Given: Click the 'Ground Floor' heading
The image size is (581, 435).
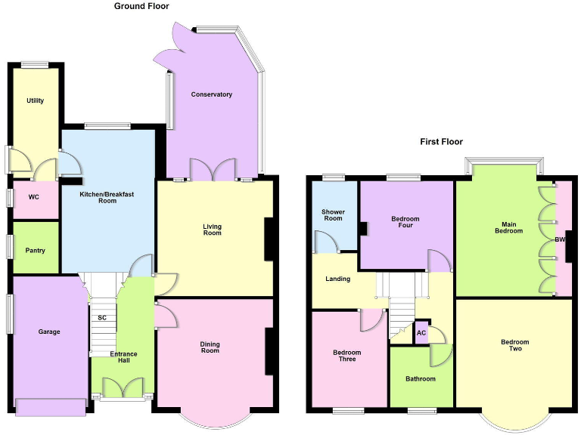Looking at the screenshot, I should (x=141, y=6).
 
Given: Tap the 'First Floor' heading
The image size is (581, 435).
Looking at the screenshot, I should (x=441, y=141).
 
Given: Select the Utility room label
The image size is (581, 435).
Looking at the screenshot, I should (x=35, y=100).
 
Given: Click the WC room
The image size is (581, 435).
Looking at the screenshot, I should (x=33, y=197).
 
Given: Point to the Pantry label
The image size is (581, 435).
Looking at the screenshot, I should (x=36, y=251).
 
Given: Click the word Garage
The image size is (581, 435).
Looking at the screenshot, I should (x=49, y=332).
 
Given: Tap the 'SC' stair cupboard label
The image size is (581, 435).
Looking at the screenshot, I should (x=101, y=317).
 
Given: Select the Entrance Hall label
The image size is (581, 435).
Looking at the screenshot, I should (x=123, y=358).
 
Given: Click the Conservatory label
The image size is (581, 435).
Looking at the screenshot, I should (x=211, y=94).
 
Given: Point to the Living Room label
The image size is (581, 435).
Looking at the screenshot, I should (x=212, y=229).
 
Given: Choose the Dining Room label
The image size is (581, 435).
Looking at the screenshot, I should (x=210, y=347).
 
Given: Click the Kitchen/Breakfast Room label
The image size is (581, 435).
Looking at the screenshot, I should (x=107, y=197).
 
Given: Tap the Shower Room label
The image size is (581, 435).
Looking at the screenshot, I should (x=332, y=214).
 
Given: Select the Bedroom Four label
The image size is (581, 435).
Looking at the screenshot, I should (x=405, y=222).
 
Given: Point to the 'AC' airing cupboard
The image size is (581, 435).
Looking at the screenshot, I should (x=421, y=333).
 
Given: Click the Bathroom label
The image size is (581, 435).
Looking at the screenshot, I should (x=420, y=378).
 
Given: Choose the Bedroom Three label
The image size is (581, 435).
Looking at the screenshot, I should (x=347, y=355).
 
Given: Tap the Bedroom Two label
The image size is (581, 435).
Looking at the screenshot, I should (x=514, y=345).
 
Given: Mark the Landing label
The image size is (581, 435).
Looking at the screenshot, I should (x=337, y=279).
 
